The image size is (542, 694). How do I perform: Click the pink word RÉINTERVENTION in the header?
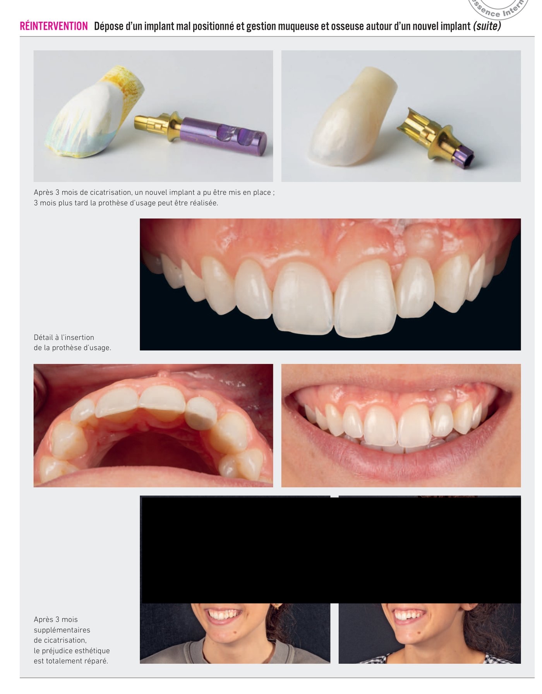click(54, 26)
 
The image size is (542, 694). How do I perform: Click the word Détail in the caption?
click(43, 337)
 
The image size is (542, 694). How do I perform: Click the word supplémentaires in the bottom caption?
click(62, 630)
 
